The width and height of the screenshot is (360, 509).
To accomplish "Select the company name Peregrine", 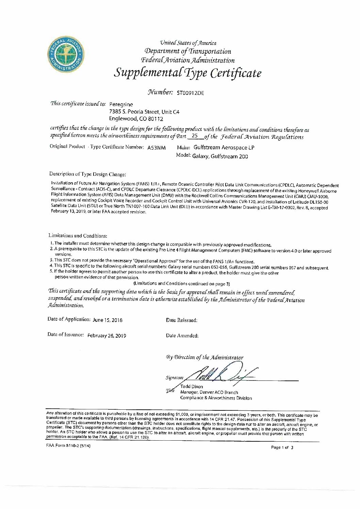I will click(x=121, y=104).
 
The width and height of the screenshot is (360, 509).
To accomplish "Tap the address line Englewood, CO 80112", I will click(x=136, y=119).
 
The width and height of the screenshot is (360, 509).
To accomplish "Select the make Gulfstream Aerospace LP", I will click(x=224, y=148).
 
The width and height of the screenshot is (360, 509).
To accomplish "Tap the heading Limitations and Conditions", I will click(x=78, y=235).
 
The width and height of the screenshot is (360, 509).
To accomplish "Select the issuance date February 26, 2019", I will click(x=107, y=335).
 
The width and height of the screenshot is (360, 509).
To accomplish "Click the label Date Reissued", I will click(x=182, y=320).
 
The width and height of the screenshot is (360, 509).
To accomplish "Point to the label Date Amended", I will click(x=182, y=335).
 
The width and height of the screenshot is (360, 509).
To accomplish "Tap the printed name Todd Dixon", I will click(x=192, y=387).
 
